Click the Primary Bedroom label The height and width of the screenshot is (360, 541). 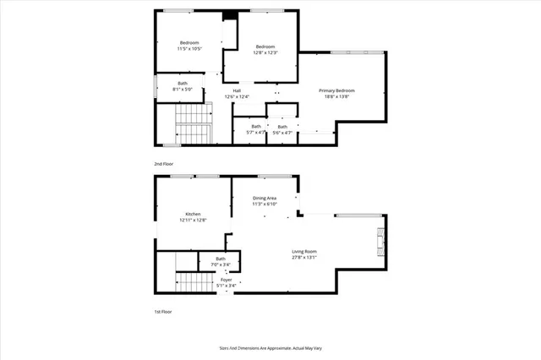point(336,90)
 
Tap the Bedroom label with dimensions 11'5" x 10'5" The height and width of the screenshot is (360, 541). point(189,43)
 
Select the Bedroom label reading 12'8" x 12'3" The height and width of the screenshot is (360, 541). point(265,46)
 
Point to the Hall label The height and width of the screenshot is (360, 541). point(238,90)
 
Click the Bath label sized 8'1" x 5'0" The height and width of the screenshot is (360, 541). point(183,83)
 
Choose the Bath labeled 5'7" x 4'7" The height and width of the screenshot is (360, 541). point(256,127)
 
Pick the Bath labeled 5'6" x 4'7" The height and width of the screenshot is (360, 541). point(282,127)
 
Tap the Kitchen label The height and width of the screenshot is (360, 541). point(193,215)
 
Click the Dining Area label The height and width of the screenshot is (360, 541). point(265,198)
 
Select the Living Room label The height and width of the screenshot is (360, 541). point(304,251)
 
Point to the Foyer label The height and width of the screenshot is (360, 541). point(227,279)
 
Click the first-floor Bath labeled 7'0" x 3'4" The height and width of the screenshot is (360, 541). point(221,259)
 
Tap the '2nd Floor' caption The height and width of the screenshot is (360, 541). point(164,163)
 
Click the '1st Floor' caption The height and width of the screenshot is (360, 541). point(164,311)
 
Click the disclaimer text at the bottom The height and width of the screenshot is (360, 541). point(269,346)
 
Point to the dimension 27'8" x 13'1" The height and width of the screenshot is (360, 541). point(304,258)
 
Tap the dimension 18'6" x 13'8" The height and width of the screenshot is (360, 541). point(336,96)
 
